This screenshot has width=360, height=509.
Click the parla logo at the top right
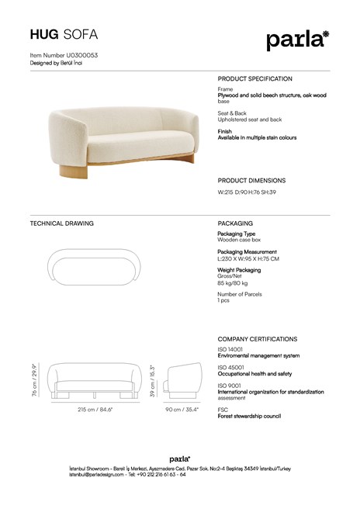click(298, 39)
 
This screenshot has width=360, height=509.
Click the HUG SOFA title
click(64, 35)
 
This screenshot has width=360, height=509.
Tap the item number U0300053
click(64, 56)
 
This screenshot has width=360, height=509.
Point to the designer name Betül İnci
click(71, 63)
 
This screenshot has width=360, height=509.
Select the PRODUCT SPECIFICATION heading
click(254, 79)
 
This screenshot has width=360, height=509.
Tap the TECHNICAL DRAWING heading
click(61, 223)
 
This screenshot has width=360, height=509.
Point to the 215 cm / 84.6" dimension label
click(96, 410)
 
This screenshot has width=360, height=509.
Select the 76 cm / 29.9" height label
click(35, 380)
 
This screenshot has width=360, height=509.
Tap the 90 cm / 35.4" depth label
click(182, 410)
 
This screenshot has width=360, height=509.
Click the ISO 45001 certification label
click(231, 367)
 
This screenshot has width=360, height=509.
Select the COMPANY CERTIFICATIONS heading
click(257, 339)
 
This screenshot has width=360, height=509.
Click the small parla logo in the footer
click(180, 459)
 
